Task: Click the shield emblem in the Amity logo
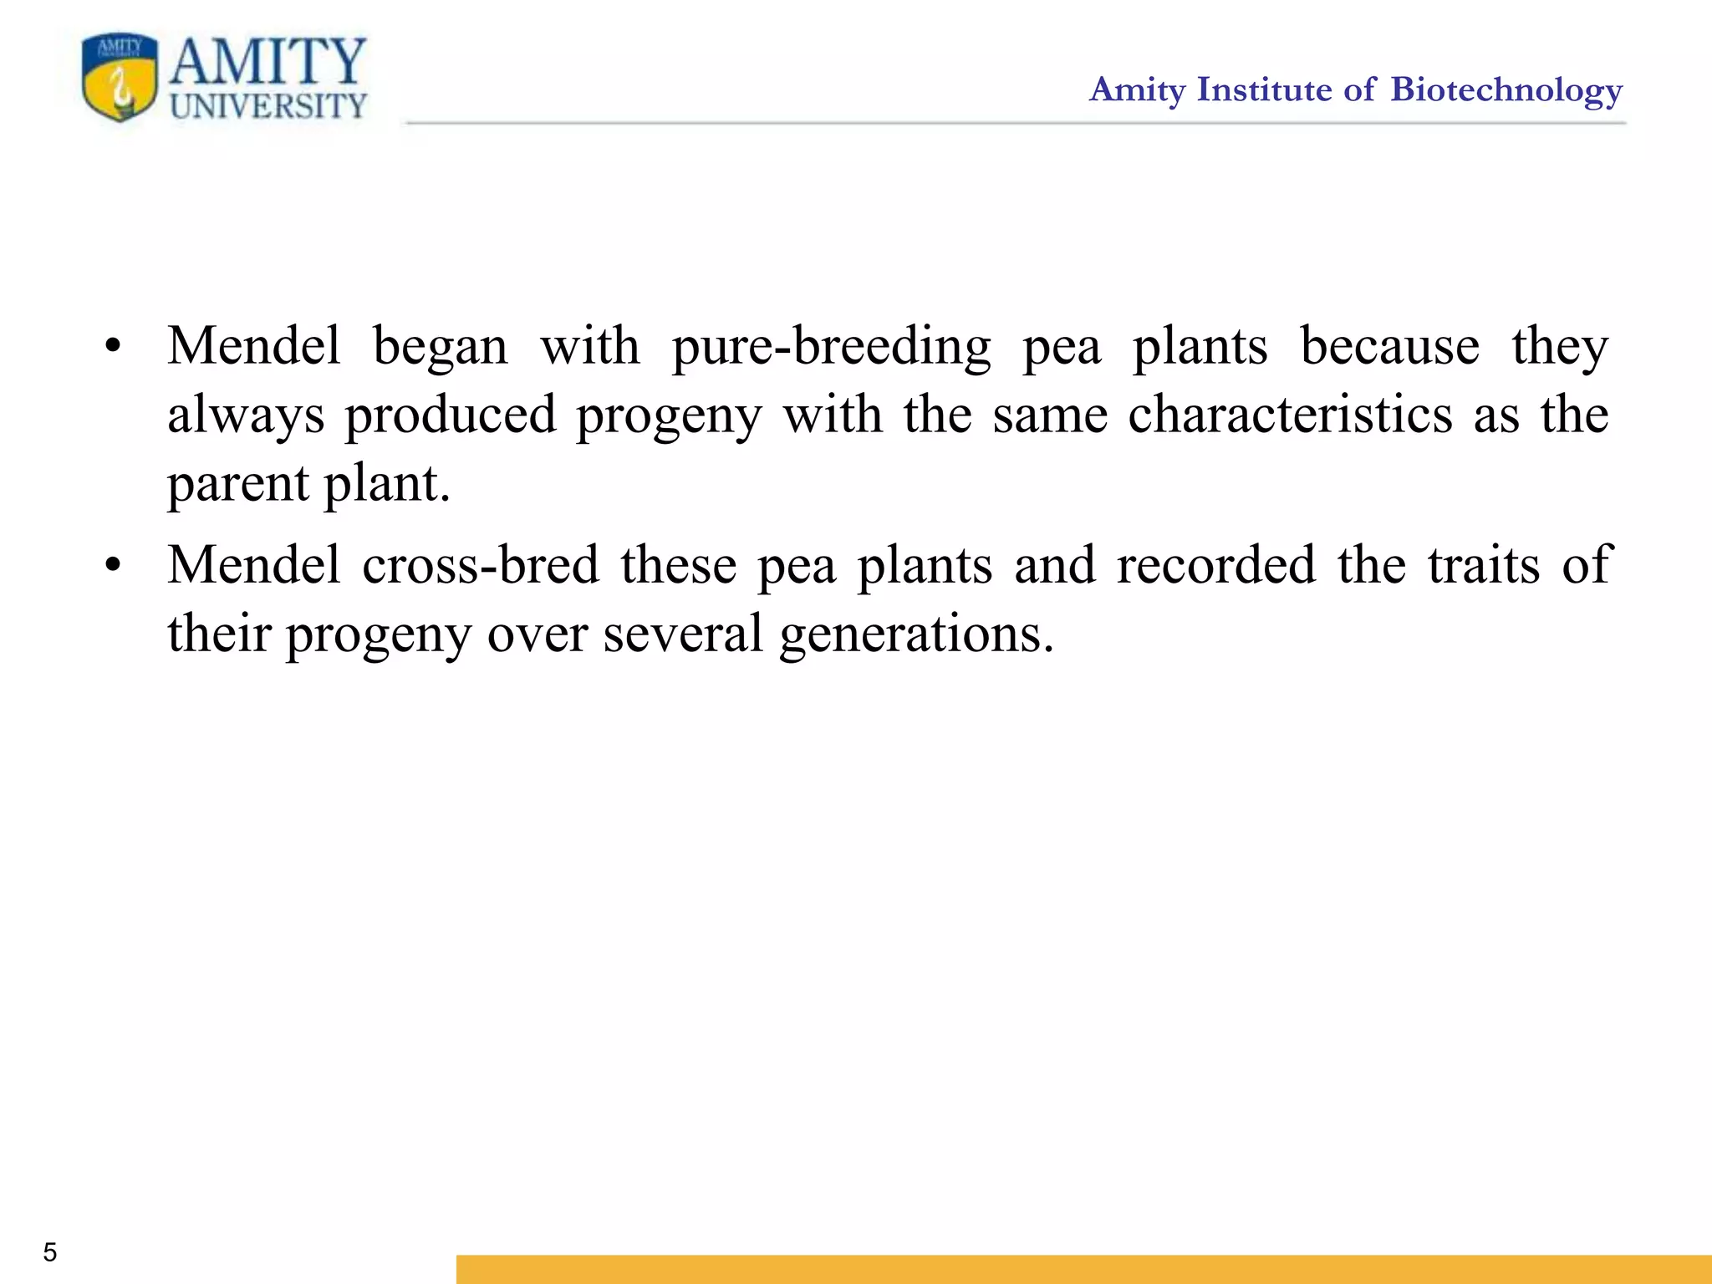pos(120,78)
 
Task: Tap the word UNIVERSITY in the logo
pos(268,106)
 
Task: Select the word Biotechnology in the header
pos(1506,90)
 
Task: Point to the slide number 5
pos(50,1252)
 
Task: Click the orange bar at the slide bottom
pos(1083,1268)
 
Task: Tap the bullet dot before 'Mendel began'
pos(114,346)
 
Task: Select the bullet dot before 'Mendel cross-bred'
pos(114,566)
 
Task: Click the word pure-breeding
pos(831,348)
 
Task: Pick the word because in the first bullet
pos(1389,346)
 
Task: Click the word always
pos(246,416)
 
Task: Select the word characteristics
pos(1290,415)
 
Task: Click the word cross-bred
pos(481,565)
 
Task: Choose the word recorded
pos(1216,565)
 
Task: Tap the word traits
pos(1483,565)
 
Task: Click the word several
pos(683,634)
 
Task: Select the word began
pos(440,348)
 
